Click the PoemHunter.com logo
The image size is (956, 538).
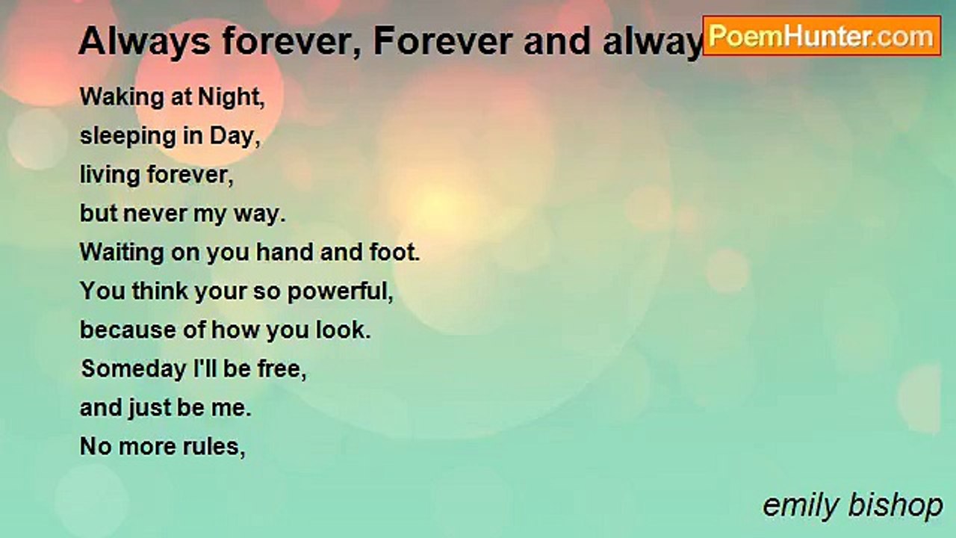822,35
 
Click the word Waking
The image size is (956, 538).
117,97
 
